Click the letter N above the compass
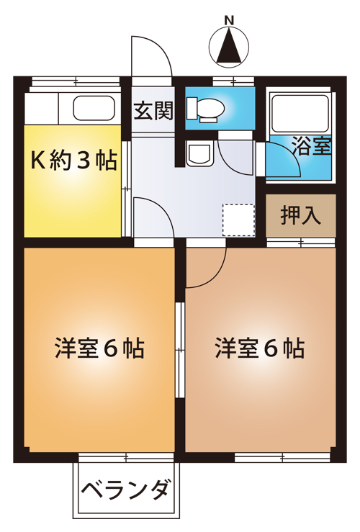tap(230, 21)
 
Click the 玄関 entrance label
tap(153, 111)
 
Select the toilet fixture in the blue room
tap(205, 109)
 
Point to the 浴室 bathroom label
tap(312, 146)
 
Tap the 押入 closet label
tap(301, 215)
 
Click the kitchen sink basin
tap(94, 108)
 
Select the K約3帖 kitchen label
tap(73, 160)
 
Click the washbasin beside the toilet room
tap(199, 154)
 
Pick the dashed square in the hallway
tap(238, 220)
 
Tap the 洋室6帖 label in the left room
tap(99, 348)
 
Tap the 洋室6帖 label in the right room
tap(260, 348)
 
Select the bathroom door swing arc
tap(291, 155)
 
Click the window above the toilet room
tap(233, 81)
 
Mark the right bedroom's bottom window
tap(282, 458)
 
